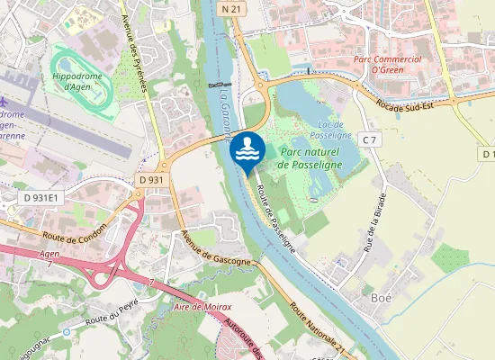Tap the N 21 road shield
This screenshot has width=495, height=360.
tap(230, 8)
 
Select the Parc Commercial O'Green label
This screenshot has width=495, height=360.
tap(388, 66)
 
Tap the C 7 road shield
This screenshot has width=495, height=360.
tap(369, 139)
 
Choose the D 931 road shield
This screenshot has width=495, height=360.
tap(152, 180)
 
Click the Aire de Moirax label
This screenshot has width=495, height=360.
tap(202, 308)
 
